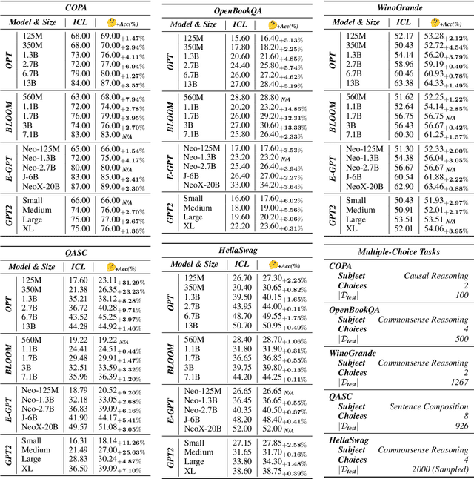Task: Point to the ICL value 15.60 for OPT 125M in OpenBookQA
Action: (240, 37)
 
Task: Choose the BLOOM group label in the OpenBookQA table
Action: (169, 116)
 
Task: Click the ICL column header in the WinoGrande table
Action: (404, 22)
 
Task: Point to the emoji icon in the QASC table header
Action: (111, 267)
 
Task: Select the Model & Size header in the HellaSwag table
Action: (195, 264)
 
